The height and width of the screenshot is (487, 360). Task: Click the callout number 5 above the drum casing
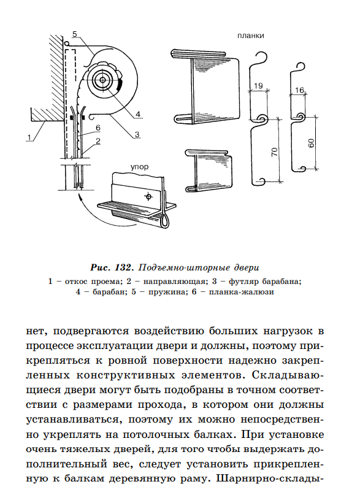(x=75, y=34)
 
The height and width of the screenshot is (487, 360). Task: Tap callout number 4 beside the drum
(x=138, y=114)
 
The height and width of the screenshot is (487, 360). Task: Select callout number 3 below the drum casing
(x=137, y=134)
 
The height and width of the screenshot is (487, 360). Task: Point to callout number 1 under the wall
(x=29, y=137)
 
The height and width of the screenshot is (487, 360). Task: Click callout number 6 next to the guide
(x=98, y=128)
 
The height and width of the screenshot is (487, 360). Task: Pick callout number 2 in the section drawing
(x=98, y=141)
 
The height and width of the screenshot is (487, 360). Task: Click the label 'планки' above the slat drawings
(x=251, y=36)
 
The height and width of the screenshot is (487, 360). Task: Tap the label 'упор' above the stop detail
(x=139, y=167)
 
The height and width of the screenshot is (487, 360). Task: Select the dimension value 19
(x=258, y=86)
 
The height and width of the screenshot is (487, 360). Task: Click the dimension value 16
(x=299, y=90)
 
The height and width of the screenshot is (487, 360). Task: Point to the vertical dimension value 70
(x=275, y=152)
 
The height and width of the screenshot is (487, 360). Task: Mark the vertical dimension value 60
(x=311, y=143)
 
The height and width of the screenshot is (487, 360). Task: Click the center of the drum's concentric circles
(x=102, y=80)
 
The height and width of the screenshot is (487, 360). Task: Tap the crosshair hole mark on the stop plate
(x=148, y=197)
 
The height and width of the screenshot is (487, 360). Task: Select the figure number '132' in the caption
(x=124, y=267)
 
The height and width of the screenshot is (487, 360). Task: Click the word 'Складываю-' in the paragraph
(x=288, y=375)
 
